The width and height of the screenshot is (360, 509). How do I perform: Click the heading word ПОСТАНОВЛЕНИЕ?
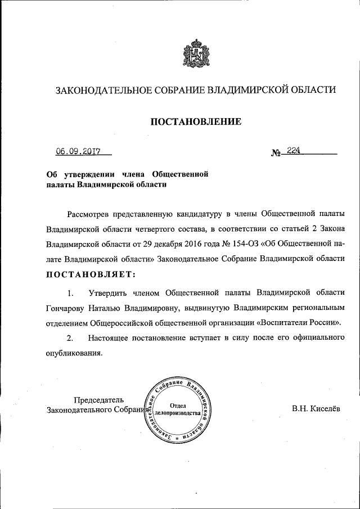pos(195,121)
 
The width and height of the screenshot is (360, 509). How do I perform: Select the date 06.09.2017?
pos(78,151)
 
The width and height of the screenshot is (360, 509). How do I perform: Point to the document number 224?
pos(294,150)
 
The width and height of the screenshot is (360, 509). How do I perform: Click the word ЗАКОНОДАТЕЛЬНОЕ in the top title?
pos(97,90)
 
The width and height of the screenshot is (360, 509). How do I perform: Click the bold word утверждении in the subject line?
pos(88,174)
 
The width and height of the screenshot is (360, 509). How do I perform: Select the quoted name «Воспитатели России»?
pos(299,323)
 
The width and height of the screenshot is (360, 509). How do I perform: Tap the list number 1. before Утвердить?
pos(70,293)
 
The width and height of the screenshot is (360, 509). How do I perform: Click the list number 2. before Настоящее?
pos(70,338)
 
